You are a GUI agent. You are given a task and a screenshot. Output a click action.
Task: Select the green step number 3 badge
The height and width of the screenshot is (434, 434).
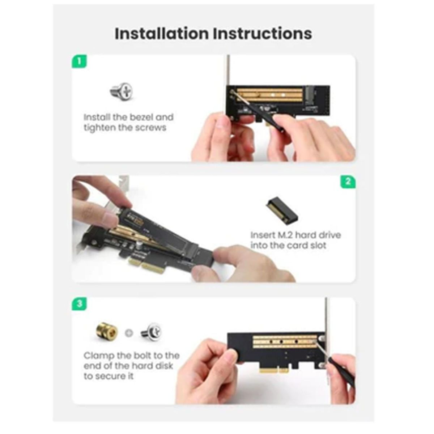pos(80,303)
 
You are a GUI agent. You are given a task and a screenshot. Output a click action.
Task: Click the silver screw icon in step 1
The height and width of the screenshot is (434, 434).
pos(122,91)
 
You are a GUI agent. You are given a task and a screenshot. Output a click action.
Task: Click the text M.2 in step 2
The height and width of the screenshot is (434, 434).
pos(286,235)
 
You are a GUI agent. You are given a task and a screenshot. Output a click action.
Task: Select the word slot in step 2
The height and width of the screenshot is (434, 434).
pos(318,246)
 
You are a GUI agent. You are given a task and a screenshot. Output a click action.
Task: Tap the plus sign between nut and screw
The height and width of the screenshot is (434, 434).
pos(129,333)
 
